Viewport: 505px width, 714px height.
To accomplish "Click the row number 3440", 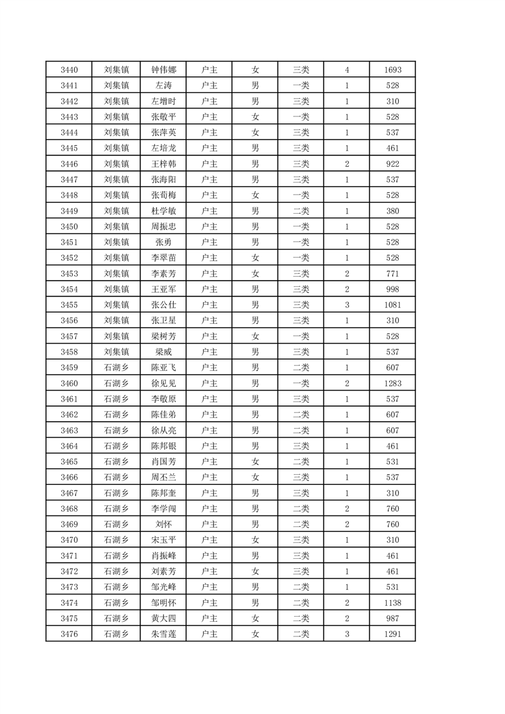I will coord(69,70).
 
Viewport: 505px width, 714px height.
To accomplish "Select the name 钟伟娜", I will coord(163,70).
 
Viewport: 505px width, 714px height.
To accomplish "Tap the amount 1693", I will coord(392,70).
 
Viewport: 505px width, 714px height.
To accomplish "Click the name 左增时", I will coord(163,101).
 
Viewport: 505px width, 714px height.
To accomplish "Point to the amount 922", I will coord(392,164).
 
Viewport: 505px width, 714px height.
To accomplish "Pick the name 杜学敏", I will coord(163,211).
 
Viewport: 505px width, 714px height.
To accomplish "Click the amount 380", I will coord(392,211).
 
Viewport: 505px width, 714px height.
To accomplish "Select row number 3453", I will coord(69,274).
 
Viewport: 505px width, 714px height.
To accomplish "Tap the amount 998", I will coord(392,290).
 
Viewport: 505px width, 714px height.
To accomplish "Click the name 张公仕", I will coord(163,305).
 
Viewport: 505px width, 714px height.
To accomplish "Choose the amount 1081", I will coord(392,305).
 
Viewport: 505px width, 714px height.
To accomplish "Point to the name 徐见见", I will coord(163,384).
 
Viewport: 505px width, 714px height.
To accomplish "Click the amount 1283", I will coord(392,384).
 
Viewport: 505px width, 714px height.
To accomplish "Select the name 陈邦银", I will coord(163,446).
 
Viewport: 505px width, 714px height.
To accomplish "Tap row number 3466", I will coord(69,477).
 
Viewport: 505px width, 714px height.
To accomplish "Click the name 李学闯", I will coord(163,508).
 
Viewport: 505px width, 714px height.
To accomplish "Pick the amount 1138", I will coord(392,603).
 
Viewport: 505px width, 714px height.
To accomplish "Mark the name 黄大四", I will coord(163,619).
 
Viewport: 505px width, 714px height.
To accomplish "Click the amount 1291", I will coord(392,634).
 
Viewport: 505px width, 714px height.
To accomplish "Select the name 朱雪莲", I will coord(163,634).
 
